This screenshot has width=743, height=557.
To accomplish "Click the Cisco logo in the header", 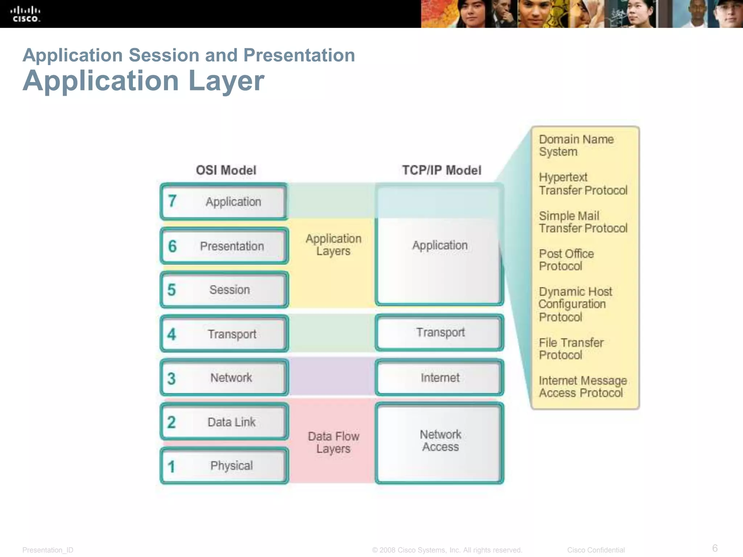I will point(25,15).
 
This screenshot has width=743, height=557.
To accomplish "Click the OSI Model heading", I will point(226,170).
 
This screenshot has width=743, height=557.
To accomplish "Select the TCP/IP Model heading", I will point(442,170).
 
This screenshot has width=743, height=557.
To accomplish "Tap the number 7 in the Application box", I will point(172,201).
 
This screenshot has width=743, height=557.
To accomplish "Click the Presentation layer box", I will point(224,246).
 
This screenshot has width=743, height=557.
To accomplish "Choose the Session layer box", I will point(224,290).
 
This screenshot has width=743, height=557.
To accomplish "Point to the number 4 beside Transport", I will point(172,334).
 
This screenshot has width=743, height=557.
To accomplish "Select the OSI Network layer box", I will point(224,377).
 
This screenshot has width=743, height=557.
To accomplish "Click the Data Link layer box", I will point(224,422).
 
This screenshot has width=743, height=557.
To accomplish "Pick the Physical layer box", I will point(224,466).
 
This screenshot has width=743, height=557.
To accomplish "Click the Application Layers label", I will point(333,245).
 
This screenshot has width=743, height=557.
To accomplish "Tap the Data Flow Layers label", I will point(333,442).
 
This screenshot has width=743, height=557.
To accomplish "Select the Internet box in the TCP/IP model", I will point(440,377).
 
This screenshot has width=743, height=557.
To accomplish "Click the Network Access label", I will point(440,441).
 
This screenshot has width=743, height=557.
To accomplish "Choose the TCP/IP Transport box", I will point(440,333).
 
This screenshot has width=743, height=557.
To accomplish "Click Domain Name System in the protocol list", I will point(576,145).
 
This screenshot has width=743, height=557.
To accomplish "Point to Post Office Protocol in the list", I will point(566,260).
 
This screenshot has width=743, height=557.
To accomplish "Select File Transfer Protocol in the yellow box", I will point(571,348).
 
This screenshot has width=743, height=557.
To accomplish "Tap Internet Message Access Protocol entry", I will point(582,387).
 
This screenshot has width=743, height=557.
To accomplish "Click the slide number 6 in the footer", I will point(715,548).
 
